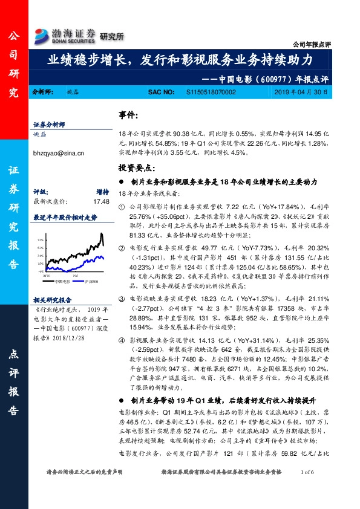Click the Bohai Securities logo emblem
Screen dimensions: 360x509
click(x=41, y=34)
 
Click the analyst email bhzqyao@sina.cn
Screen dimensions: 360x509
click(x=59, y=154)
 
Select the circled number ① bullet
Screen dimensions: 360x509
click(x=122, y=207)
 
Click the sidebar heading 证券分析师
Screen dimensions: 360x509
click(x=49, y=125)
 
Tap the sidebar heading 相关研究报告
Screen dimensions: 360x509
click(x=53, y=299)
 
